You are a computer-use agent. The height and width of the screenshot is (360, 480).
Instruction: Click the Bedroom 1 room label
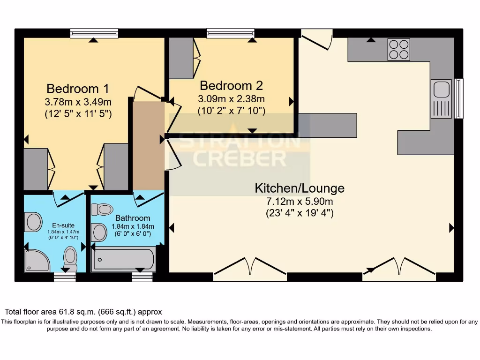(x=78, y=89)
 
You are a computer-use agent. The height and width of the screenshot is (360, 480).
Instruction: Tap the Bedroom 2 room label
(x=231, y=86)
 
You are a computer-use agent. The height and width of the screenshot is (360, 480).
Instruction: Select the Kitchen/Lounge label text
(x=299, y=188)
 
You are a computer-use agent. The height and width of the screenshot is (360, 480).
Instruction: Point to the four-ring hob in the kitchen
(x=398, y=49)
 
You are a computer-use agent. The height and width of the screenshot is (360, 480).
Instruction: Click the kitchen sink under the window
(x=441, y=91)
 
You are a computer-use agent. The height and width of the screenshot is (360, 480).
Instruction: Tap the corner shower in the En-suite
(x=37, y=261)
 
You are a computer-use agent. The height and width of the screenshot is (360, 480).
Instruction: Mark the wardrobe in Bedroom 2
(x=181, y=58)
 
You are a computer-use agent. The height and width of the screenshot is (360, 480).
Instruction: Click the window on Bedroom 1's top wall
(x=94, y=33)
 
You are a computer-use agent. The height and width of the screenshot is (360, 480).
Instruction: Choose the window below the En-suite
(x=65, y=277)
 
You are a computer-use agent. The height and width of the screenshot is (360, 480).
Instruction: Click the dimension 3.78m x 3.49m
(x=78, y=102)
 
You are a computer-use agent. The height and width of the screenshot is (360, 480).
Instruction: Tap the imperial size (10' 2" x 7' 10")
(x=232, y=111)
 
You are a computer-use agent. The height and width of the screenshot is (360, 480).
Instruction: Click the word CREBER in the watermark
(x=240, y=158)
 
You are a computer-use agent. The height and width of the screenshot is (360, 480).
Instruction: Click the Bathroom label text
(x=133, y=218)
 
